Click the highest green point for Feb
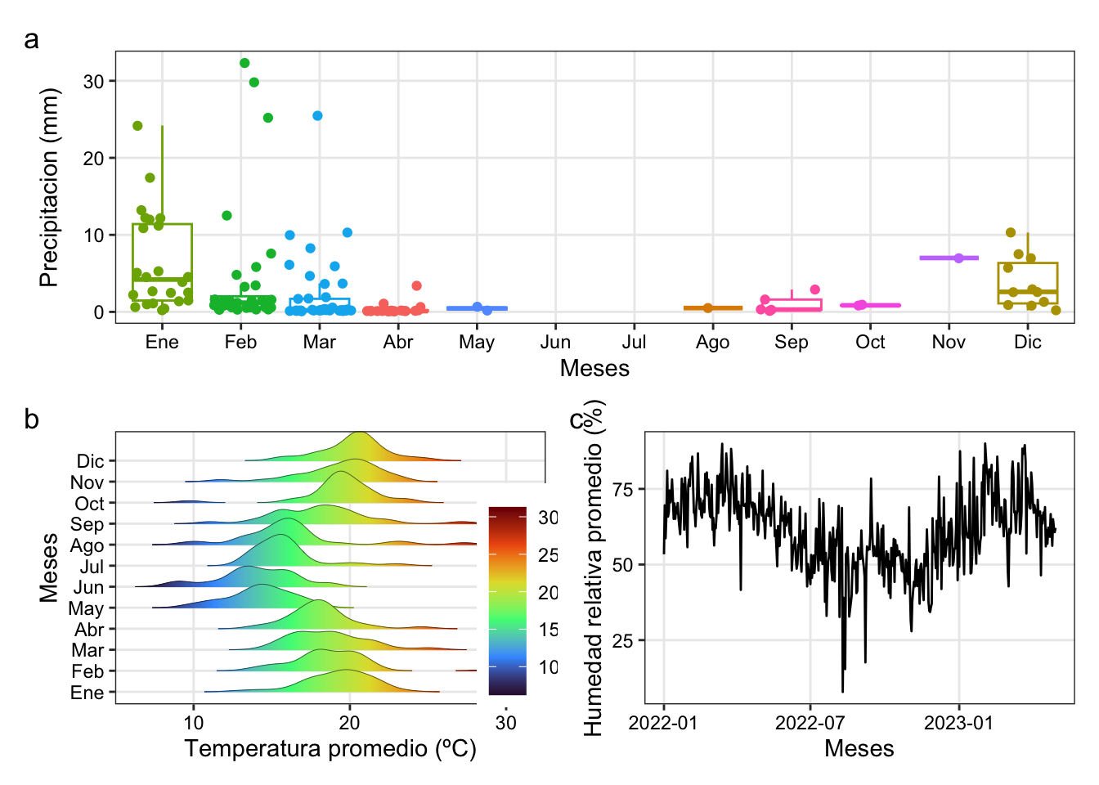click(244, 63)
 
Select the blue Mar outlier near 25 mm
click(317, 115)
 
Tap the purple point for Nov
click(958, 258)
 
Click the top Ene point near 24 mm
click(137, 126)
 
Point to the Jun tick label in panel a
click(555, 342)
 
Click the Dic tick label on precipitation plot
click(1027, 342)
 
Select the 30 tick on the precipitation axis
click(93, 81)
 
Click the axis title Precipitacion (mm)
click(49, 187)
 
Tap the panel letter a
click(31, 39)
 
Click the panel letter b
click(31, 419)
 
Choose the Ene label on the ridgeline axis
click(87, 693)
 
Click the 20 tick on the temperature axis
click(349, 722)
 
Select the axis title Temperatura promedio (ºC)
click(330, 748)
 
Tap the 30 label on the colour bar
click(548, 518)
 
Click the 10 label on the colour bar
click(548, 667)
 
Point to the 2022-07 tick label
click(810, 723)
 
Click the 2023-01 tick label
click(958, 723)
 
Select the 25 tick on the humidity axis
click(622, 640)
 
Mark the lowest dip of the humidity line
click(843, 692)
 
